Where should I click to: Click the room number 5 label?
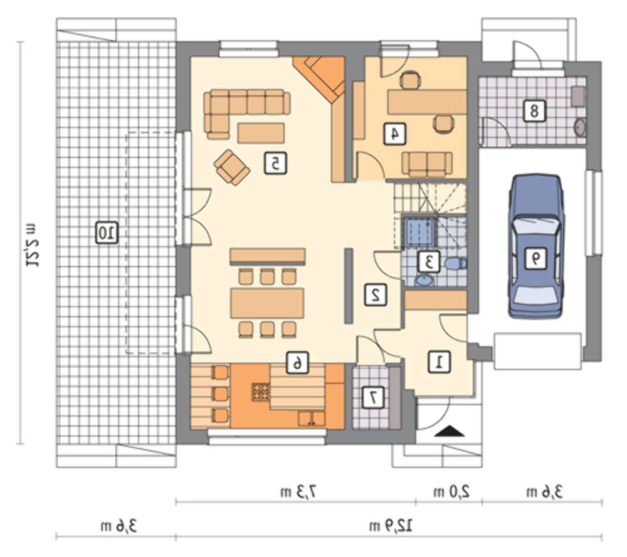coord(275,163)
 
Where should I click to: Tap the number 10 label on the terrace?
coord(107,233)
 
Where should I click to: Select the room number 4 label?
coord(394,134)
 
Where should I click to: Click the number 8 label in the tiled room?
coord(535,111)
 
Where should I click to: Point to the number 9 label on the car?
coord(535,258)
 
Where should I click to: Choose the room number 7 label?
coord(374,398)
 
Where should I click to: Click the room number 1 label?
coord(439,363)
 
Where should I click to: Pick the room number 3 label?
coord(429,262)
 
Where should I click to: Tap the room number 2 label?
coord(376,295)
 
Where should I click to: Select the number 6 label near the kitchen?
coord(298,363)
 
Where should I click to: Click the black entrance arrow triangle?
coord(450,432)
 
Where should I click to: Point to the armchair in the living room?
coord(232,167)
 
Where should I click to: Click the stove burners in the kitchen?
coord(261,392)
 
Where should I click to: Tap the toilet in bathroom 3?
coord(456,263)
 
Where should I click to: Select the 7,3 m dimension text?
coord(298,491)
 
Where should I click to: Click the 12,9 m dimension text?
coord(391,526)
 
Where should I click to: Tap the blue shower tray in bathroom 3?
coord(419,231)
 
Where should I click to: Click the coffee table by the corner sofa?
coord(261,133)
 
